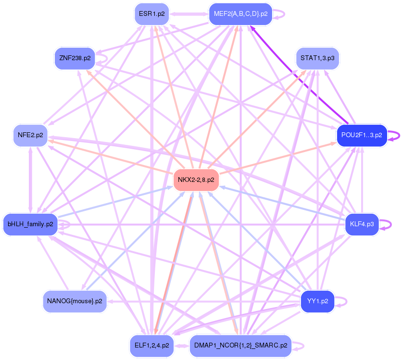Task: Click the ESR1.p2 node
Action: [151, 14]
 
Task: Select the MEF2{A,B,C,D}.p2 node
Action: [240, 14]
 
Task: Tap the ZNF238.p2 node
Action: [74, 58]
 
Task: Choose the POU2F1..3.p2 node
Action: [362, 135]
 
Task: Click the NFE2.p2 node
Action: [30, 135]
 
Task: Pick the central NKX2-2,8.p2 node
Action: [196, 180]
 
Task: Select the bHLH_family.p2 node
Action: [30, 224]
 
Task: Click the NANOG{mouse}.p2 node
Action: [75, 301]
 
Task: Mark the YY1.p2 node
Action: [317, 301]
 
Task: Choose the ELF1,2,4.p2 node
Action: [151, 346]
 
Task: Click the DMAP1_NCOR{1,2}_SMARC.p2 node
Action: [240, 346]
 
